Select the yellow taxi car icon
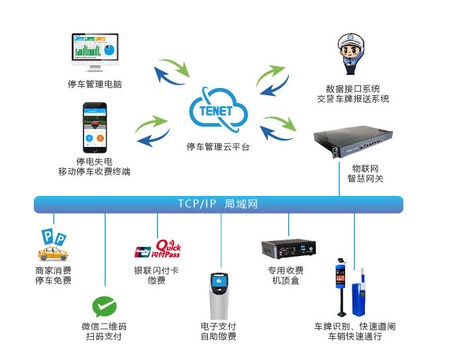click(53, 252)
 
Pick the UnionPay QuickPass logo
click(157, 250)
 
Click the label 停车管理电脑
click(94, 84)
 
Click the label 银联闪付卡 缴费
click(156, 275)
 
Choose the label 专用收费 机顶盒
click(286, 275)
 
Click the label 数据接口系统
click(353, 89)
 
